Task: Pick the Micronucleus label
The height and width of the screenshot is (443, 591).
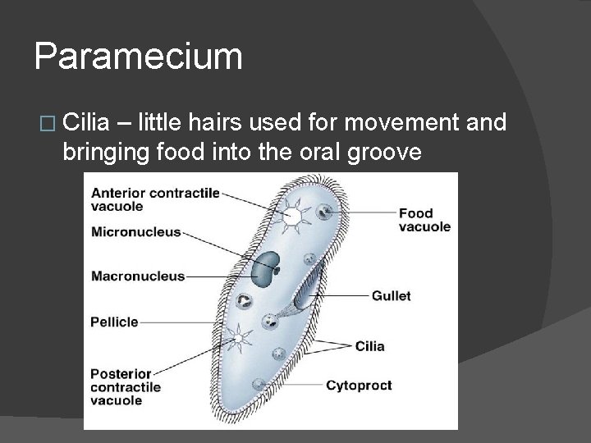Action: (135, 232)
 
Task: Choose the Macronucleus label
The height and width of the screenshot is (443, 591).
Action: (138, 276)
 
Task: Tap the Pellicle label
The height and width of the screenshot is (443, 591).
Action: (115, 322)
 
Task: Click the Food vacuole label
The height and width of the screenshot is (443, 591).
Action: (424, 220)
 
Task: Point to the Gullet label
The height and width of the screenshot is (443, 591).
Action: (391, 295)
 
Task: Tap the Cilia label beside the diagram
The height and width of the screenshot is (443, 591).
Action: (369, 345)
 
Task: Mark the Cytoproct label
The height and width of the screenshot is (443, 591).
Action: (359, 385)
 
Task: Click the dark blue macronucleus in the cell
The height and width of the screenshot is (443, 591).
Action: (267, 267)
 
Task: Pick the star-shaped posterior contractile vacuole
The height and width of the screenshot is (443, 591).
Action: (239, 336)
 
